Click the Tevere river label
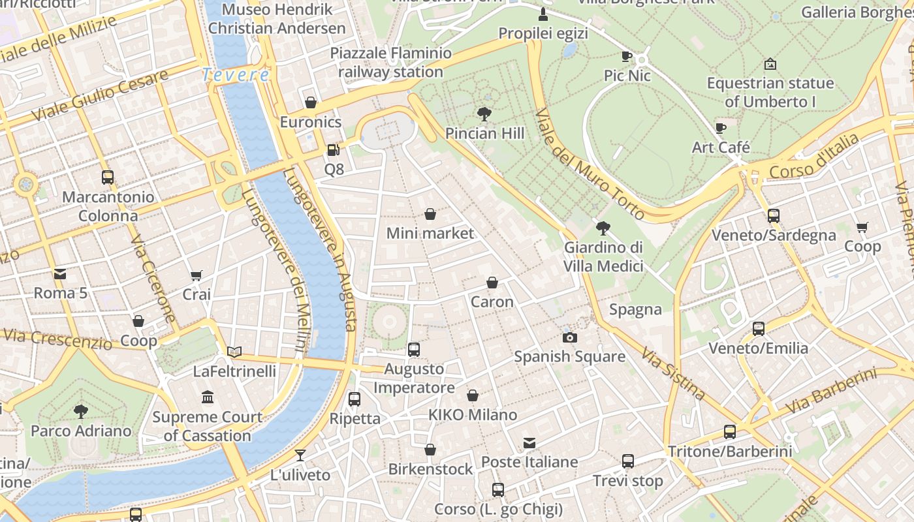(235, 75)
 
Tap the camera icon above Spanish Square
(570, 337)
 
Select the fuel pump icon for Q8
(334, 150)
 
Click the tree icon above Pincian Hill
(484, 114)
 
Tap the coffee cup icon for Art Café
(721, 128)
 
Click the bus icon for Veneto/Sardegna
(774, 215)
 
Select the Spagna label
(635, 309)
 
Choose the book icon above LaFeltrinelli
(234, 352)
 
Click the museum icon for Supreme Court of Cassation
(208, 397)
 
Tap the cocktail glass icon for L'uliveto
(300, 455)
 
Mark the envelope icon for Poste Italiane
(529, 443)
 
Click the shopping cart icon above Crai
(196, 275)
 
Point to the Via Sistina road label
(673, 373)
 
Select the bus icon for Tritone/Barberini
(730, 431)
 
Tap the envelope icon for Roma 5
(60, 273)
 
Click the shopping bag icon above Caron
(492, 283)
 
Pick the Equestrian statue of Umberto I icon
(770, 64)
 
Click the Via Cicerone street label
(153, 279)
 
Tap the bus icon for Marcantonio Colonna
(108, 177)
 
